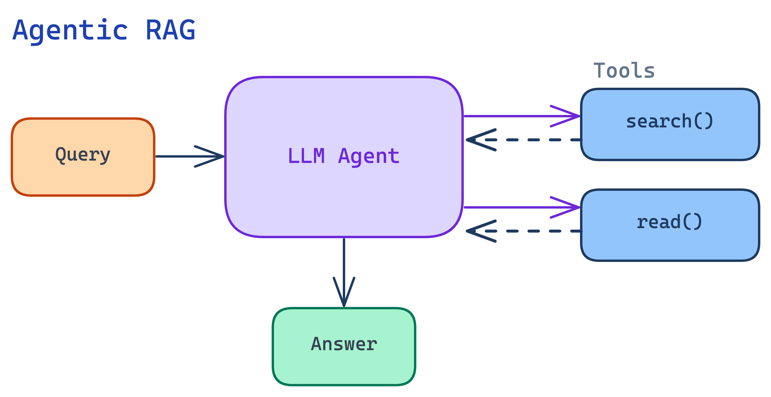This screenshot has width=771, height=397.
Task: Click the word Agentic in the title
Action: [x=70, y=30]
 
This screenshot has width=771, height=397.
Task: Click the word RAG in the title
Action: [x=170, y=30]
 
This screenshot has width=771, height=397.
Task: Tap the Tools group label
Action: [x=624, y=71]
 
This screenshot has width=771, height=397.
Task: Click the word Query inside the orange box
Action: [x=83, y=155]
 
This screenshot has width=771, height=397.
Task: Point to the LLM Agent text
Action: [x=343, y=156]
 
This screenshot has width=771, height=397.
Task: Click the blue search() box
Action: [x=670, y=143]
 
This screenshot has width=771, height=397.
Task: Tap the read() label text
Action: [x=669, y=222]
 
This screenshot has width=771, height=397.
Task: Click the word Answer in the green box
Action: [x=344, y=344]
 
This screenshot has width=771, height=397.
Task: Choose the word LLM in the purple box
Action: [x=306, y=156]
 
